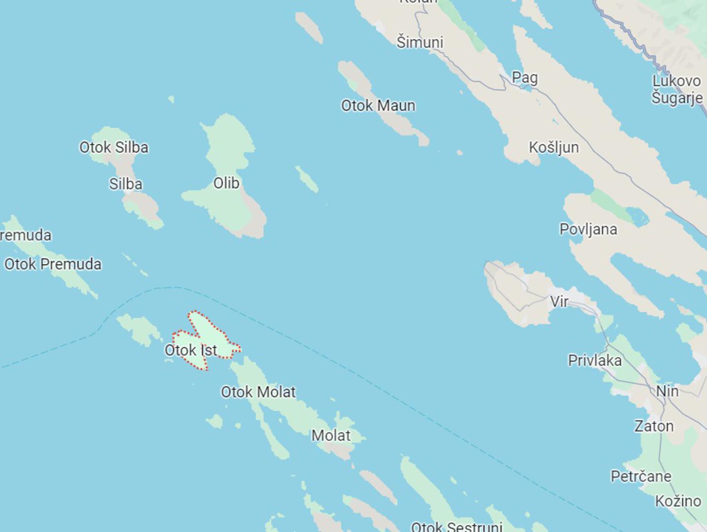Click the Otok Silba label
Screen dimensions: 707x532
(x=114, y=147)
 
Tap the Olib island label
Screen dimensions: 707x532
(x=226, y=183)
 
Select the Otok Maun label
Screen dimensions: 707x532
(x=378, y=105)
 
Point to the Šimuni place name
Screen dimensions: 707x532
(x=420, y=42)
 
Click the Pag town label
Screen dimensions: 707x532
(x=525, y=77)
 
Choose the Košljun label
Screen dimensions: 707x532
(x=553, y=147)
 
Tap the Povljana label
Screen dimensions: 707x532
(x=588, y=229)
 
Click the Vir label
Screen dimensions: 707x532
(x=559, y=301)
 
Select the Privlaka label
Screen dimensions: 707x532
(x=595, y=361)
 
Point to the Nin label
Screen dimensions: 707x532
(x=667, y=391)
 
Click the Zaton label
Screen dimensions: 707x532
(x=654, y=426)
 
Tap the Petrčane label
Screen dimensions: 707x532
(x=640, y=476)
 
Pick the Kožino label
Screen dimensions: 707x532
(x=677, y=501)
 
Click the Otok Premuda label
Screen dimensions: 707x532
(x=53, y=264)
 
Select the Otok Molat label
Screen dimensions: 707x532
(x=258, y=392)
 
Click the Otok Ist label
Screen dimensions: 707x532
(x=191, y=350)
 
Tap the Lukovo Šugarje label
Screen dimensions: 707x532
(x=676, y=89)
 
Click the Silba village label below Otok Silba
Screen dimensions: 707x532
(x=126, y=184)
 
